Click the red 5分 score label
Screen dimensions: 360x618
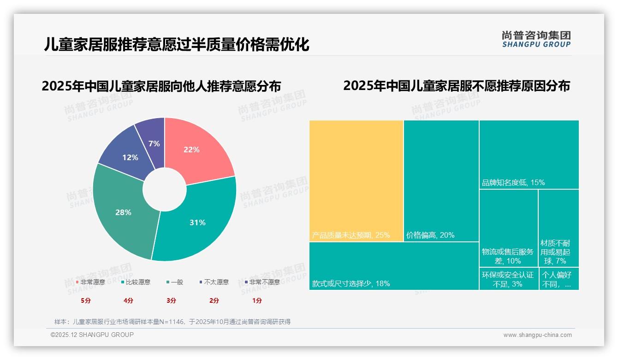(86, 300)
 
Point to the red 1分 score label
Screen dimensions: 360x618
(257, 300)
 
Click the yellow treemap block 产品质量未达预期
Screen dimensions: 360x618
(356, 180)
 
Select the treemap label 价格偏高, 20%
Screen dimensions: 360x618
(430, 235)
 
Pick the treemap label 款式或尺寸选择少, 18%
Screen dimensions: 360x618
(351, 283)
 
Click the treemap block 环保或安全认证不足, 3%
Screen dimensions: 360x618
(508, 279)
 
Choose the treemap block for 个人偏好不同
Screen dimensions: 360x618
(559, 279)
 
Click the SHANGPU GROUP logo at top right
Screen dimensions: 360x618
(536, 39)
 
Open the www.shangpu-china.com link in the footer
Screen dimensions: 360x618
(537, 335)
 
